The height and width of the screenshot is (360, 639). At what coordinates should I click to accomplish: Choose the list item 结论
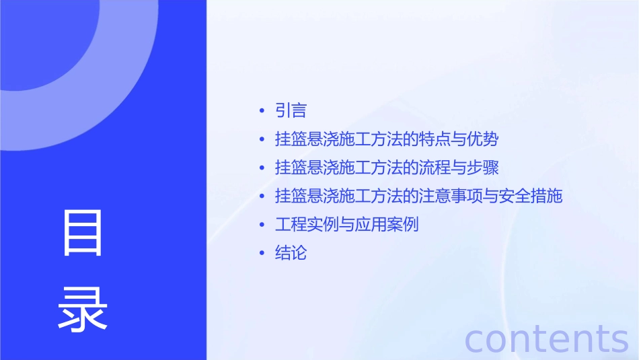291,253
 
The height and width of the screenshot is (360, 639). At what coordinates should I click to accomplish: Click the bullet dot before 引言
262,111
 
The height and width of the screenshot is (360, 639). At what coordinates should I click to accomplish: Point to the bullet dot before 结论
262,253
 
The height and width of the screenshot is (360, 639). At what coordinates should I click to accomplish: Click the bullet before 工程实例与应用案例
262,225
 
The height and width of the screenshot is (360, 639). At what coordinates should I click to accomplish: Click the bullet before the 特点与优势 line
262,139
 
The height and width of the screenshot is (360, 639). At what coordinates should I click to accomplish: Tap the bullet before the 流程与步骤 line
262,168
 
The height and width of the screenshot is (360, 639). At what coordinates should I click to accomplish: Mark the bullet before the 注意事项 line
262,196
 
